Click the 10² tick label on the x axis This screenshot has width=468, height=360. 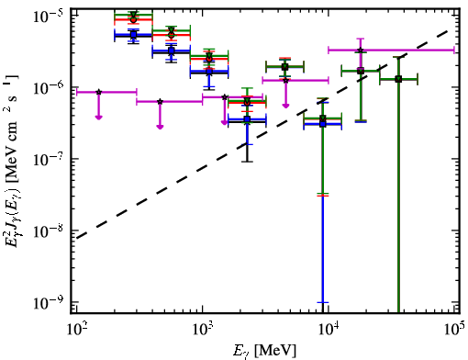(x=75, y=330)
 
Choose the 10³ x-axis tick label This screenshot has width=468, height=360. (x=202, y=330)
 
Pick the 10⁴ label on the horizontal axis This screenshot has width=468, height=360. (x=329, y=330)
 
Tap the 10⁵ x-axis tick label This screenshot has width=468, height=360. (x=455, y=330)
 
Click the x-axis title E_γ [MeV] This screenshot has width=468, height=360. (x=265, y=351)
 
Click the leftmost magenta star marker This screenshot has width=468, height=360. (x=98, y=92)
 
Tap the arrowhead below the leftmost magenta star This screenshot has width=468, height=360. (x=98, y=118)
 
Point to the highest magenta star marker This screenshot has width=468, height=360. (x=361, y=50)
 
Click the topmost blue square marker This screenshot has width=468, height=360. (x=133, y=35)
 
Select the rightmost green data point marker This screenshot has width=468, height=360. (x=398, y=79)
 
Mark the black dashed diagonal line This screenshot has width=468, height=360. (x=262, y=134)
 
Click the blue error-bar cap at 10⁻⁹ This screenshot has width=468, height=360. (x=322, y=302)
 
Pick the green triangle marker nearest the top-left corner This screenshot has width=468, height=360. (x=133, y=15)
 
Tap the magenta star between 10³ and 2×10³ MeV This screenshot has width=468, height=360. (x=225, y=97)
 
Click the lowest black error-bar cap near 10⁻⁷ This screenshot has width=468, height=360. (x=247, y=162)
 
